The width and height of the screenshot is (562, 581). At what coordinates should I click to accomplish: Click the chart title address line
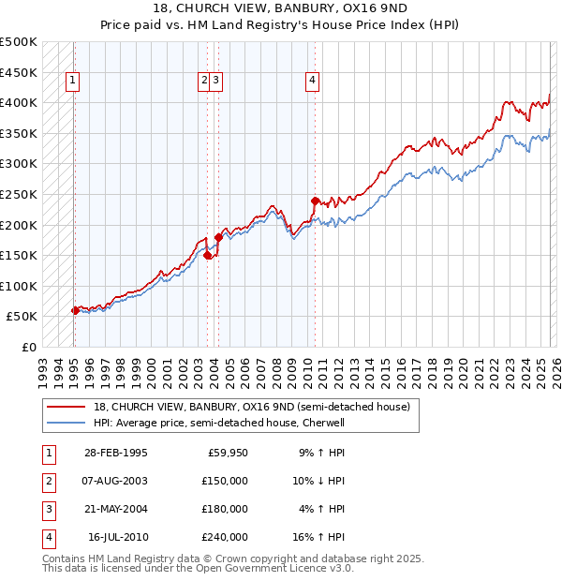[280, 7]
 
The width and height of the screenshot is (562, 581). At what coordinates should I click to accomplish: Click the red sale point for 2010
[315, 201]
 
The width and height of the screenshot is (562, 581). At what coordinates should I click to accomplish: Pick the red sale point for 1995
[75, 310]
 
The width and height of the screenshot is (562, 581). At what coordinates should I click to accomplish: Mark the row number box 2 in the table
[47, 482]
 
